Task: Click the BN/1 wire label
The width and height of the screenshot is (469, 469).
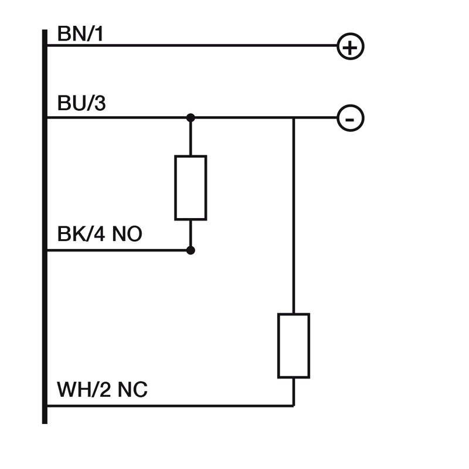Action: click(80, 34)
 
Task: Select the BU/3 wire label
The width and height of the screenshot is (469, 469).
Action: click(81, 104)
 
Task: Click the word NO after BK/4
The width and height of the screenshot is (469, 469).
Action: click(127, 236)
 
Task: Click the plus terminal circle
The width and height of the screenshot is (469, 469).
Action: click(351, 47)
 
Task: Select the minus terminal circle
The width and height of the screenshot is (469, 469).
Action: click(351, 118)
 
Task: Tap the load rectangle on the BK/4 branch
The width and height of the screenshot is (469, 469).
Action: click(191, 188)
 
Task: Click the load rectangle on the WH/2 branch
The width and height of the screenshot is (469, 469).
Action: click(293, 345)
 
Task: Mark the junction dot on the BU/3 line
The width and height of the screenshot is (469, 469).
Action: click(191, 118)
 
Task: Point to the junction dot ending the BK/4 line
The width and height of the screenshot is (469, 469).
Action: click(191, 250)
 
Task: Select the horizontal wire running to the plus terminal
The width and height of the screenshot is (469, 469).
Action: click(193, 46)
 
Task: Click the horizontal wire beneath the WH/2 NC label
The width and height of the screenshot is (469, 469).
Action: click(170, 405)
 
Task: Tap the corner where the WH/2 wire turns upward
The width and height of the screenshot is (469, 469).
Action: click(293, 405)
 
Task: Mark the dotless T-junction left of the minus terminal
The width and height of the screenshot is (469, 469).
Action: click(293, 118)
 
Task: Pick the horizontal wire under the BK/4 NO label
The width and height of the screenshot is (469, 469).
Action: click(117, 250)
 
